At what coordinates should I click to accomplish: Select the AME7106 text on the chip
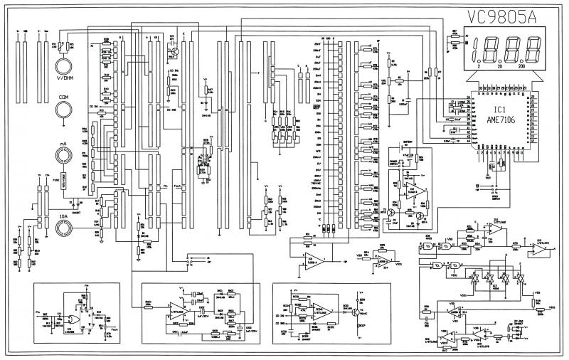500,122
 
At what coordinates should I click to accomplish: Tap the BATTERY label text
408,142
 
